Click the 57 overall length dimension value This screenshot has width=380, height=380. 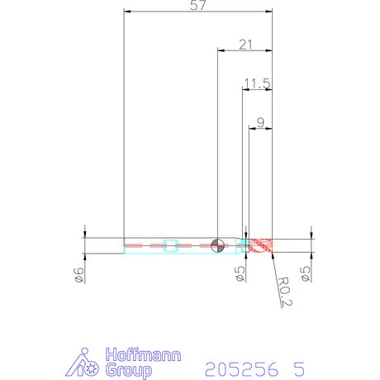(x=198, y=5)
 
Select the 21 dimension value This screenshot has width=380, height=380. (x=245, y=45)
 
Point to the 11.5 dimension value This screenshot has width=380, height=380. (x=258, y=83)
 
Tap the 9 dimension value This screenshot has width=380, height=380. (x=260, y=122)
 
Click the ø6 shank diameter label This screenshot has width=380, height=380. (x=79, y=275)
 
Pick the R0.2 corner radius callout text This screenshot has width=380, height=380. (x=285, y=292)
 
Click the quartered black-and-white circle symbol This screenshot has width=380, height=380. (x=217, y=245)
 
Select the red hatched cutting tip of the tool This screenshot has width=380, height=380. (x=260, y=245)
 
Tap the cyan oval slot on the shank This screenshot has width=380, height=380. (x=171, y=245)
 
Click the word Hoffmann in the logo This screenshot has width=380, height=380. (x=143, y=354)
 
